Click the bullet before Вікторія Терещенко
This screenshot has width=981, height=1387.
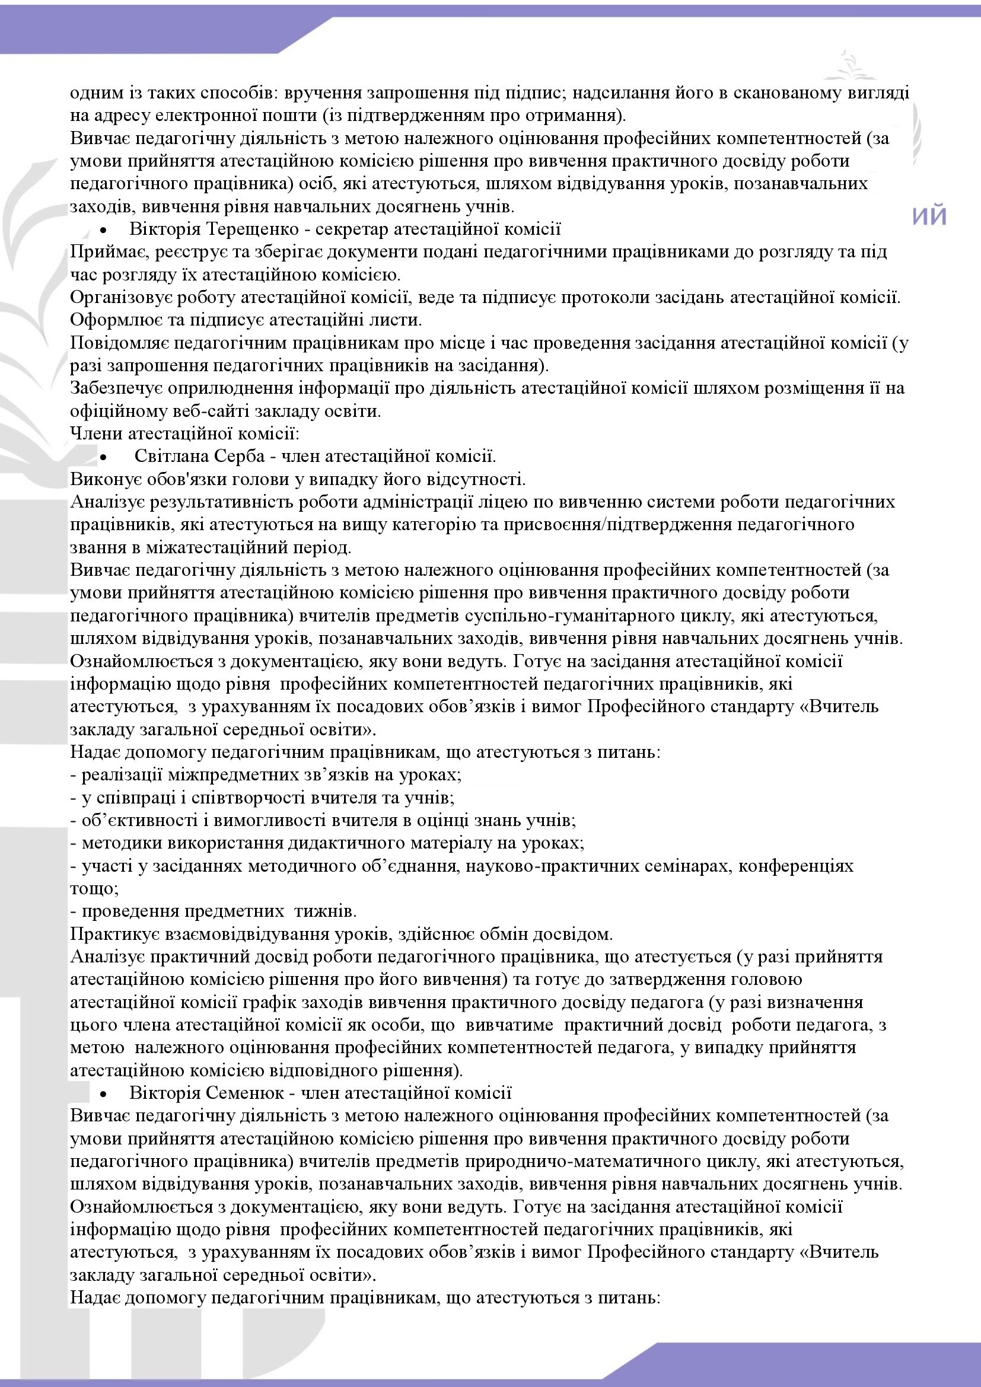[104, 231]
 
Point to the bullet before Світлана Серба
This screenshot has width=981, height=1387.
[104, 457]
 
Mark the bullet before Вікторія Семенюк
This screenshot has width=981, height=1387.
[104, 1094]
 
